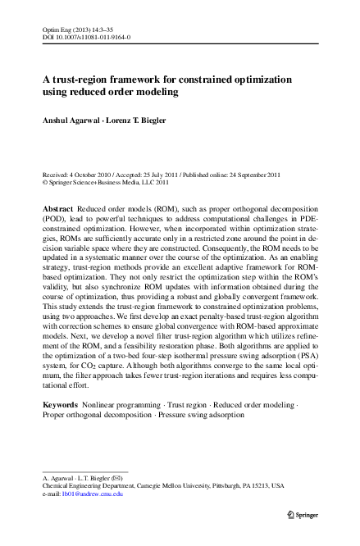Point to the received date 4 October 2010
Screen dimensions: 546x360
coord(95,175)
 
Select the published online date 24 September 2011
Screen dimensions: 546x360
coord(254,175)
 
